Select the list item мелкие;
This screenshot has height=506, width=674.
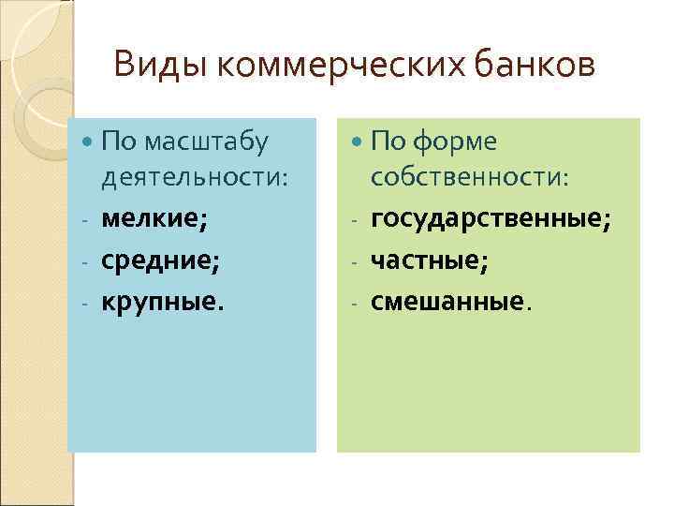(x=155, y=218)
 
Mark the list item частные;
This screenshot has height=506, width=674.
(x=430, y=260)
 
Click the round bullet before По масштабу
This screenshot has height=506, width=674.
(x=88, y=142)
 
